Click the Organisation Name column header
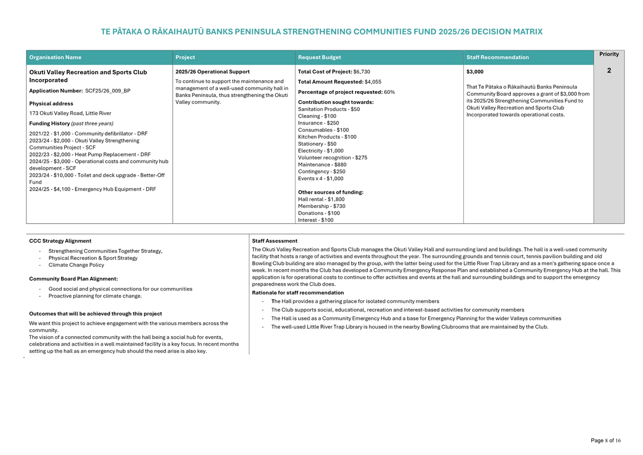[x=55, y=58]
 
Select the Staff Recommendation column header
[x=497, y=58]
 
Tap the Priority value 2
[x=609, y=70]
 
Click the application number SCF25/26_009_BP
[x=108, y=91]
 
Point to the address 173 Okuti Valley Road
[x=70, y=113]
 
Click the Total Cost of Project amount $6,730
[x=362, y=72]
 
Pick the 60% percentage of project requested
[x=389, y=92]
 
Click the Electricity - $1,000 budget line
[x=321, y=151]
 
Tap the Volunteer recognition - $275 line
[x=333, y=158]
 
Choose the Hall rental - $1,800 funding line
[x=321, y=200]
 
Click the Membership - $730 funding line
[x=321, y=207]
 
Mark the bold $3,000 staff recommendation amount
[x=475, y=72]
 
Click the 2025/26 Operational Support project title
[x=212, y=72]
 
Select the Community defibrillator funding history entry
[x=88, y=134]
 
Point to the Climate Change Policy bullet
[x=76, y=265]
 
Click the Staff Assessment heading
[x=275, y=241]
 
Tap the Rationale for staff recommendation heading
[x=298, y=293]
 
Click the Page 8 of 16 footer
[x=605, y=440]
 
